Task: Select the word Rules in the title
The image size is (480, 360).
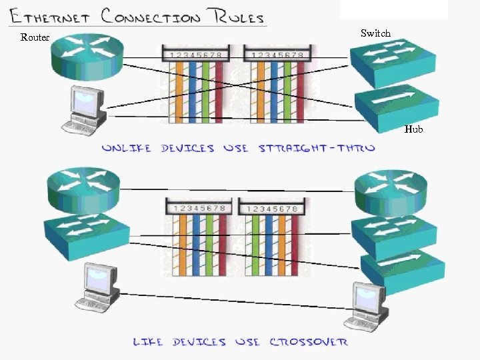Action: [x=234, y=16]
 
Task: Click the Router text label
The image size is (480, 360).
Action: [x=35, y=37]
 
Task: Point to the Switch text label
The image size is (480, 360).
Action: [x=375, y=33]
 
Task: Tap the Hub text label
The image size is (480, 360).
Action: [x=413, y=129]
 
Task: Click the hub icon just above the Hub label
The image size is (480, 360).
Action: [x=396, y=105]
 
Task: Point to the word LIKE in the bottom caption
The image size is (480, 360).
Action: [x=147, y=342]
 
